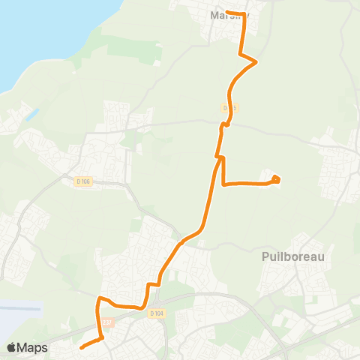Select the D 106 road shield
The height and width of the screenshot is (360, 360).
pyautogui.click(x=83, y=181)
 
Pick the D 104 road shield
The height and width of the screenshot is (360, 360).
pyautogui.click(x=156, y=313)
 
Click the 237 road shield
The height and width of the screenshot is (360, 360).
pyautogui.click(x=107, y=323)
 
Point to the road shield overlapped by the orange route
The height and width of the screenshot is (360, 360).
pyautogui.click(x=229, y=108)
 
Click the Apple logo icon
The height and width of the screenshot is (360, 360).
pyautogui.click(x=11, y=347)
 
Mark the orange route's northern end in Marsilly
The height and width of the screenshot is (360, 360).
pyautogui.click(x=227, y=12)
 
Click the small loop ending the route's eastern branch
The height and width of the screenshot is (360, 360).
pyautogui.click(x=276, y=178)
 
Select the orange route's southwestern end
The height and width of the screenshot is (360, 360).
pyautogui.click(x=80, y=346)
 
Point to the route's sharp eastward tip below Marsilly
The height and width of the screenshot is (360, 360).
pyautogui.click(x=257, y=61)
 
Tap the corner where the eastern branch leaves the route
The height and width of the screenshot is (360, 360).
pyautogui.click(x=223, y=184)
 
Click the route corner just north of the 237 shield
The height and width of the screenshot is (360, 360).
pyautogui.click(x=98, y=299)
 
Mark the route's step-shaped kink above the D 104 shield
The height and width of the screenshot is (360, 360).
pyautogui.click(x=153, y=284)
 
